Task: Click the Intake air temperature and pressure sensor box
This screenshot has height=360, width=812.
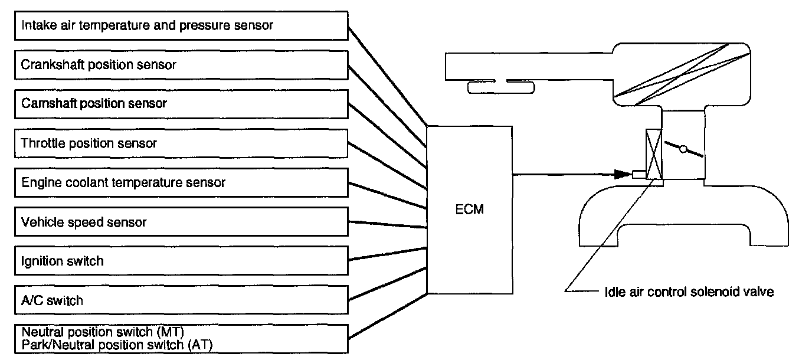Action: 181,26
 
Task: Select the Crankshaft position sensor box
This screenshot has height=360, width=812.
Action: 181,64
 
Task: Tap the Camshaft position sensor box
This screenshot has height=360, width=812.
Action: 181,103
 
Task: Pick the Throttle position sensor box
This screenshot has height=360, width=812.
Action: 181,143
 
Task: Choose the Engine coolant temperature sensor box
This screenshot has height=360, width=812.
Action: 181,182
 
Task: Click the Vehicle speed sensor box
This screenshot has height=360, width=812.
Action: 181,222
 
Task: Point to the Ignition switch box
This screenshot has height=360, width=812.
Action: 181,261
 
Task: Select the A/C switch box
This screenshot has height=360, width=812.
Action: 181,300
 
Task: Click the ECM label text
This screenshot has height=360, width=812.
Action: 470,209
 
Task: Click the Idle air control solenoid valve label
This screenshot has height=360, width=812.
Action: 689,292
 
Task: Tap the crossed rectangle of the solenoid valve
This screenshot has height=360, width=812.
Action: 654,153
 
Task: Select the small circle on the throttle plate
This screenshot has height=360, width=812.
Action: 683,150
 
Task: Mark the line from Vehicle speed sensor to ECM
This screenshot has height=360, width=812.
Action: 387,224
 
